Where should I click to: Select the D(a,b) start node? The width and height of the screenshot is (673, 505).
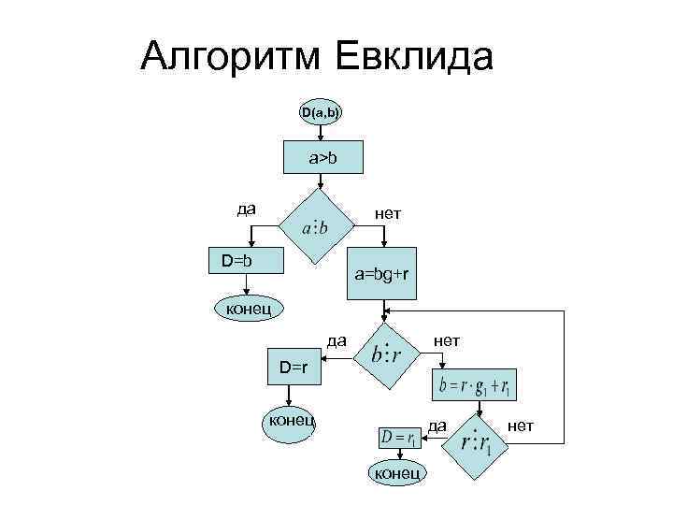click(x=320, y=113)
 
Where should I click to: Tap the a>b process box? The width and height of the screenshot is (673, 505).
click(x=323, y=159)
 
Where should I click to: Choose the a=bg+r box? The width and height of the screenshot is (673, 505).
click(x=381, y=274)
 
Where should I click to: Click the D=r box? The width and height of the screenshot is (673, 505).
click(x=293, y=368)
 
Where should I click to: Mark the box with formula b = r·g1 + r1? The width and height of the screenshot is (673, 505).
click(x=478, y=384)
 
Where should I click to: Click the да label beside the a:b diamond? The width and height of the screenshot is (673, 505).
click(x=247, y=208)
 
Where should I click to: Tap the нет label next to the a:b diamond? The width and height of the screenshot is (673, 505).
click(x=388, y=214)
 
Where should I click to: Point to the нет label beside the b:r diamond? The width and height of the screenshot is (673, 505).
click(x=446, y=340)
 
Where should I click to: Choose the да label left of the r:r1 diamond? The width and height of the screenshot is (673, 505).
click(x=437, y=426)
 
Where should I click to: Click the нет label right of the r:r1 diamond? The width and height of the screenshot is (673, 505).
click(x=519, y=426)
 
